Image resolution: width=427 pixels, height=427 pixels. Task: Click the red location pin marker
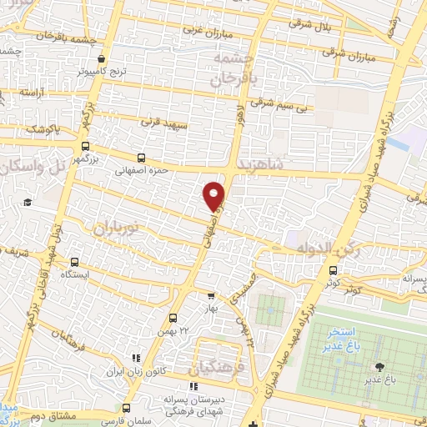tap(214, 195)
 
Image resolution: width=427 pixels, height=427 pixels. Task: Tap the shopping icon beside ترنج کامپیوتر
tap(102, 59)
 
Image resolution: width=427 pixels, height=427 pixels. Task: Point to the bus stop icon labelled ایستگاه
tap(76, 261)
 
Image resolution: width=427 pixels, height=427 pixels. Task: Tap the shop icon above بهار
tap(211, 295)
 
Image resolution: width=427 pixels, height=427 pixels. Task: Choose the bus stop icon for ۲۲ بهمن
tap(173, 318)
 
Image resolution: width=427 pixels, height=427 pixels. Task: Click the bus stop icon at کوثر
tap(333, 270)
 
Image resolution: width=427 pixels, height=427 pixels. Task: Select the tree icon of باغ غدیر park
tap(380, 366)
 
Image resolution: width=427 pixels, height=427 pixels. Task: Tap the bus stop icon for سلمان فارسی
tap(126, 408)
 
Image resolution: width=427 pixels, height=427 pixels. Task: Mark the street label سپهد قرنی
tap(159, 122)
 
